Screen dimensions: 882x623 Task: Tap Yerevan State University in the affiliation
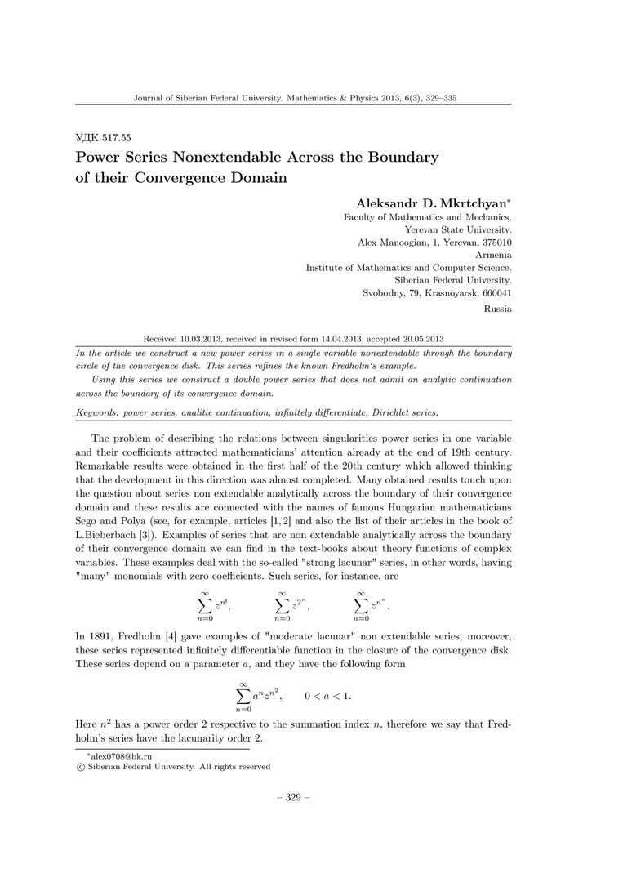pos(458,230)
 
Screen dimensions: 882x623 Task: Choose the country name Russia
pos(497,309)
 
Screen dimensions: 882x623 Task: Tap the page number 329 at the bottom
pos(293,797)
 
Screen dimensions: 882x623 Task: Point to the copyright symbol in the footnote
pos(80,767)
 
